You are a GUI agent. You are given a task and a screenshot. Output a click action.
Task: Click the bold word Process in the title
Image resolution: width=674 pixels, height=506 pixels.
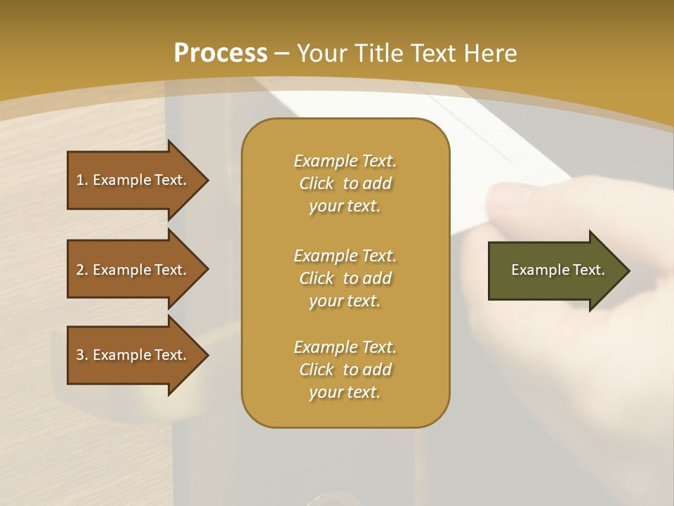(220, 53)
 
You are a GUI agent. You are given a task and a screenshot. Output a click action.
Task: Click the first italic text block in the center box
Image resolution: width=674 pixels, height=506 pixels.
(345, 183)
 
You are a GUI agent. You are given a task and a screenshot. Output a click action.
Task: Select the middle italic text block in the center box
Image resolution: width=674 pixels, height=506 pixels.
(345, 278)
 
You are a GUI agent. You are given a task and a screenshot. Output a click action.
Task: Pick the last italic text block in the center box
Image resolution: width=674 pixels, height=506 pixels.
(345, 370)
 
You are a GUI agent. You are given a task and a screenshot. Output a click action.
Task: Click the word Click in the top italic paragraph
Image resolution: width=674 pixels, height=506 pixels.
(317, 184)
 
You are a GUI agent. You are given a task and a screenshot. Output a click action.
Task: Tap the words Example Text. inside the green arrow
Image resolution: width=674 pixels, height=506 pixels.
(558, 270)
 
